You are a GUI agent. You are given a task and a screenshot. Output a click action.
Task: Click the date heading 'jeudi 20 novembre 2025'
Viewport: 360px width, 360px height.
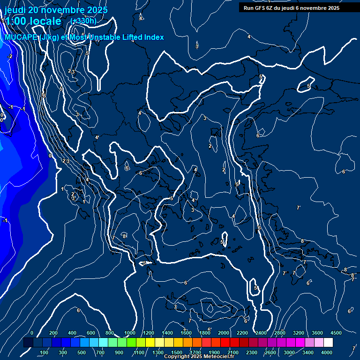click(x=56, y=10)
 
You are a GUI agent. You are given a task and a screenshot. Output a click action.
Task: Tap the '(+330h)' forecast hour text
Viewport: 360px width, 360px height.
click(x=83, y=21)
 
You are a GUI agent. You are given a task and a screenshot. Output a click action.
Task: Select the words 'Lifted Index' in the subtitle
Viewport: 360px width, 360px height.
click(x=143, y=37)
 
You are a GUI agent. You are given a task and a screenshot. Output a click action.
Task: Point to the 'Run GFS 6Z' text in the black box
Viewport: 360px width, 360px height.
click(x=259, y=8)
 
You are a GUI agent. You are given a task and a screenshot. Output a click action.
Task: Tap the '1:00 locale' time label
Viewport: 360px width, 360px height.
click(x=33, y=21)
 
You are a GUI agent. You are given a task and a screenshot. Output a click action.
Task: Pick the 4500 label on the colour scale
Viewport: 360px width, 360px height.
click(x=336, y=333)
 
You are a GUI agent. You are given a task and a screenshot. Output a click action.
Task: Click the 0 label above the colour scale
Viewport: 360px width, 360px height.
click(x=32, y=333)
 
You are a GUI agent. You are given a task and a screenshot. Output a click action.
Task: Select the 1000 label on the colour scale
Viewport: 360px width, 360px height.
click(x=130, y=333)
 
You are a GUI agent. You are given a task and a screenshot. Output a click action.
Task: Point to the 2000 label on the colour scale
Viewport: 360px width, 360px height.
click(x=224, y=333)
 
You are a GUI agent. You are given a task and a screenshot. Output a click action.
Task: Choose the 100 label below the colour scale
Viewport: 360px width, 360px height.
click(x=44, y=352)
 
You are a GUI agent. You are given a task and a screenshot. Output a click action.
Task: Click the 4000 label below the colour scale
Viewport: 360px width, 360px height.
click(x=327, y=352)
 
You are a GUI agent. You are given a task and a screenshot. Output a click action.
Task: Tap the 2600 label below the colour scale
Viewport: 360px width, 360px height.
click(x=270, y=352)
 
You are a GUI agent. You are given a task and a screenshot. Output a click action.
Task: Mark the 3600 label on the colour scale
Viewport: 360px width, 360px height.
click(x=317, y=333)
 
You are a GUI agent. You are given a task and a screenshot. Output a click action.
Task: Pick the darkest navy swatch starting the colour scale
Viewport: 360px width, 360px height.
click(x=28, y=343)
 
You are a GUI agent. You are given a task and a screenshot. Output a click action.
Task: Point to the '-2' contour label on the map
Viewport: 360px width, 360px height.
click(x=9, y=57)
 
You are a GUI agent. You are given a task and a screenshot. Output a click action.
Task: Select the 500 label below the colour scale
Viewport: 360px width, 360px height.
click(x=82, y=352)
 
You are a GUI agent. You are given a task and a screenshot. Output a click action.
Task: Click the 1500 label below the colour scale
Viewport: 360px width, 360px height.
click(x=177, y=352)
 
